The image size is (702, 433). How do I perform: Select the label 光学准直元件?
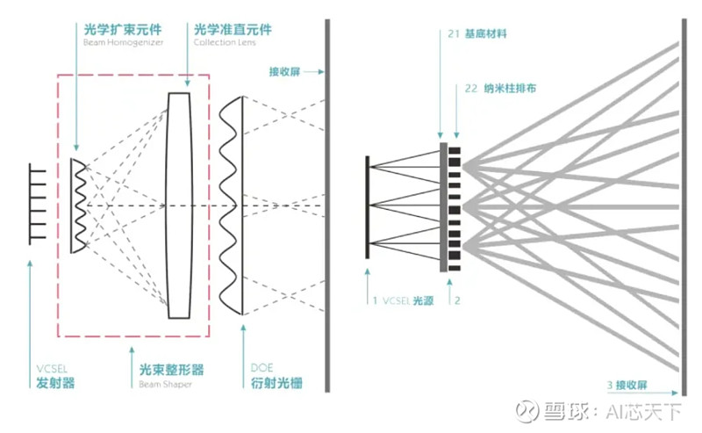233,29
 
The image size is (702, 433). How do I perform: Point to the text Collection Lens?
225,42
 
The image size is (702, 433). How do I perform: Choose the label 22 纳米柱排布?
492,90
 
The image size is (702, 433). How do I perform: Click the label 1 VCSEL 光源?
407,300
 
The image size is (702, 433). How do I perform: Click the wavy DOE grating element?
232,205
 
